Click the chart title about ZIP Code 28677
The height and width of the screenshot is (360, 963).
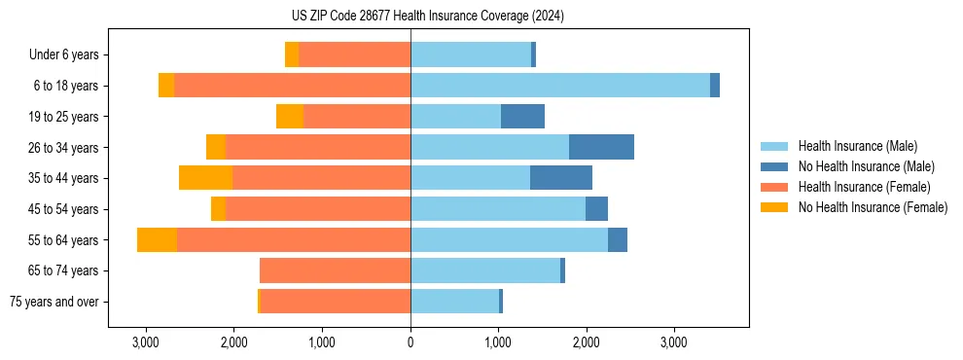427,17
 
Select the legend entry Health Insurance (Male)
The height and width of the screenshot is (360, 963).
857,146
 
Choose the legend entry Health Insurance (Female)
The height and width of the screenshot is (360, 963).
864,187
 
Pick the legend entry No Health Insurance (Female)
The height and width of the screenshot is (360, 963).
873,207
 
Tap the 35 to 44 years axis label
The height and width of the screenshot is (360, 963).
64,178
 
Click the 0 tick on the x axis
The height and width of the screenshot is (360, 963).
410,342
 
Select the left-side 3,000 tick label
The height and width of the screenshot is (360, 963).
145,342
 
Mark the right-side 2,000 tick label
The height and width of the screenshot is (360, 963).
586,342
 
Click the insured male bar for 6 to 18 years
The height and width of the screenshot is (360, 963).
560,86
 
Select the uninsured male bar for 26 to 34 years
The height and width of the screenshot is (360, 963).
601,147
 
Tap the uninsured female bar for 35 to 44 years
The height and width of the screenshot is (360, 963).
205,178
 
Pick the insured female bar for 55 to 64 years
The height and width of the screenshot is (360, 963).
294,239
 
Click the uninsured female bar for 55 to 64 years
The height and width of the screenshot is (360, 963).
157,239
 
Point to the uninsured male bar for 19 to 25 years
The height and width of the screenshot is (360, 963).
522,117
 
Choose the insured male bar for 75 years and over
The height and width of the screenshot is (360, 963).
454,302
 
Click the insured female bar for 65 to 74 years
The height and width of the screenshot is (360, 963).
335,270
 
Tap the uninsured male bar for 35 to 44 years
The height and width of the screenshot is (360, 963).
561,178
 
